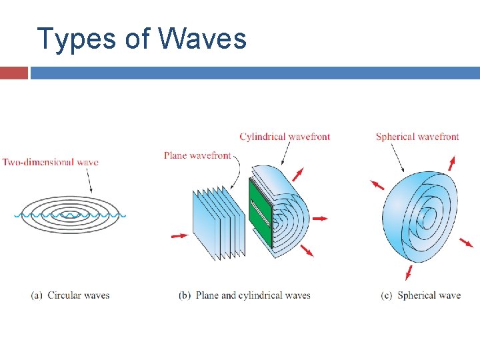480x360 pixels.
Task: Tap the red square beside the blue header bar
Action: pos(13,73)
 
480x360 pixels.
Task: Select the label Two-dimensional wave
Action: pos(51,162)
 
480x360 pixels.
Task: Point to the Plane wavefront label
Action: pos(197,155)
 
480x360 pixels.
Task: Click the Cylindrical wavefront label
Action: pos(285,137)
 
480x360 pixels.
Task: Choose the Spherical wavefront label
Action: pos(417,137)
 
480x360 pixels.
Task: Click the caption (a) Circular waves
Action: pos(70,295)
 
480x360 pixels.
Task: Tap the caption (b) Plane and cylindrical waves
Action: pos(245,295)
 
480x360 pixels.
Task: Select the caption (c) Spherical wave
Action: pos(421,295)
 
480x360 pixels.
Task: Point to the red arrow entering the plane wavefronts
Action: pos(180,235)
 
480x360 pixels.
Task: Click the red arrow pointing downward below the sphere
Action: pos(409,272)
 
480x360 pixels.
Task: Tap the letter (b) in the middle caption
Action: pos(185,295)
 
